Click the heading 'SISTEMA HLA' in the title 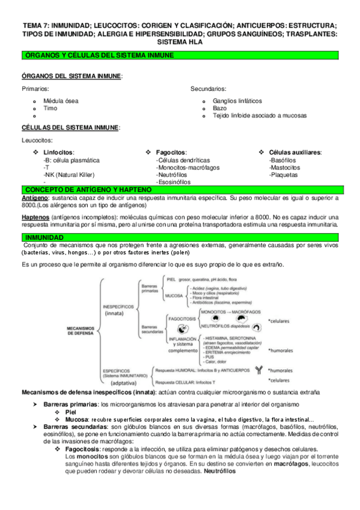point(180,43)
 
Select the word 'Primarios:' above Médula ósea point(36,89)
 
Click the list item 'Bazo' point(219,108)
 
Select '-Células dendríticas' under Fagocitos point(183,160)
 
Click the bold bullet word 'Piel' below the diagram point(70,411)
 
